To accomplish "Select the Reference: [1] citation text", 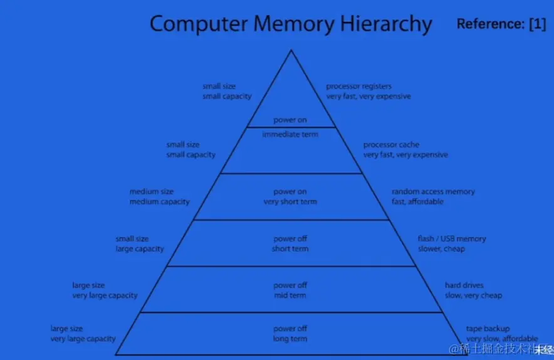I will pos(501,24).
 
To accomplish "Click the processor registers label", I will pos(358,86).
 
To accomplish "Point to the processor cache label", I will pos(391,145).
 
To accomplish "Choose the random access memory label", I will pos(433,191).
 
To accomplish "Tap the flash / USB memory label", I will pos(451,238).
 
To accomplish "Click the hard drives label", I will pos(464,285).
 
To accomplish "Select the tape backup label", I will pos(488,329).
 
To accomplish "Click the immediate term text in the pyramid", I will pos(290,134).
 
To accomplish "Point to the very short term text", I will pos(290,202).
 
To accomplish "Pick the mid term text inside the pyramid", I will pos(290,295).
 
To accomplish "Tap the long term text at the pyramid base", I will pos(290,339).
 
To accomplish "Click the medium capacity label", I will pos(159,202).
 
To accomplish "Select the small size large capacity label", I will pos(139,244).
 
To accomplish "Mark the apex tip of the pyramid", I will pos(291,51).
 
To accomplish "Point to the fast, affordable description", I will pos(417,202).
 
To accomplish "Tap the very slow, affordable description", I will pos(501,339).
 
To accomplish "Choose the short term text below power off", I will pos(290,248).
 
